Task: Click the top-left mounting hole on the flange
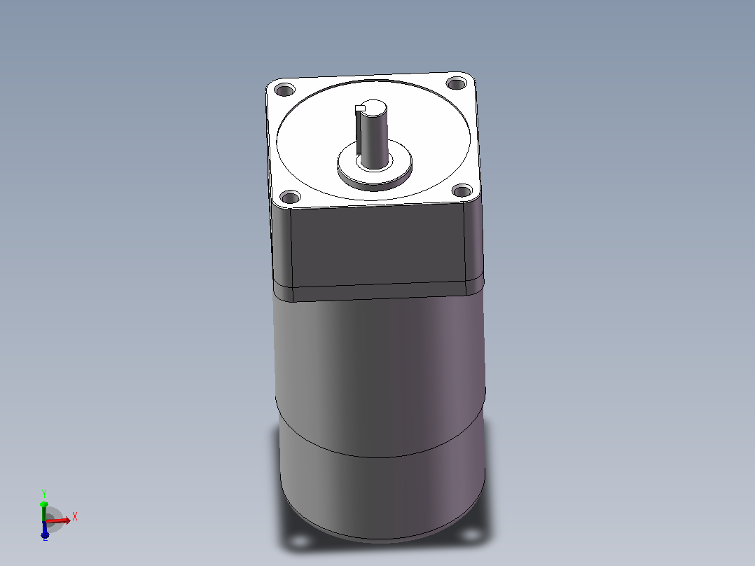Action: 284,90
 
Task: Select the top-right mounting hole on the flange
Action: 457,83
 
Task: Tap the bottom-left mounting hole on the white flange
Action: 291,197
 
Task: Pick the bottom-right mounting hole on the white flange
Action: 463,191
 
